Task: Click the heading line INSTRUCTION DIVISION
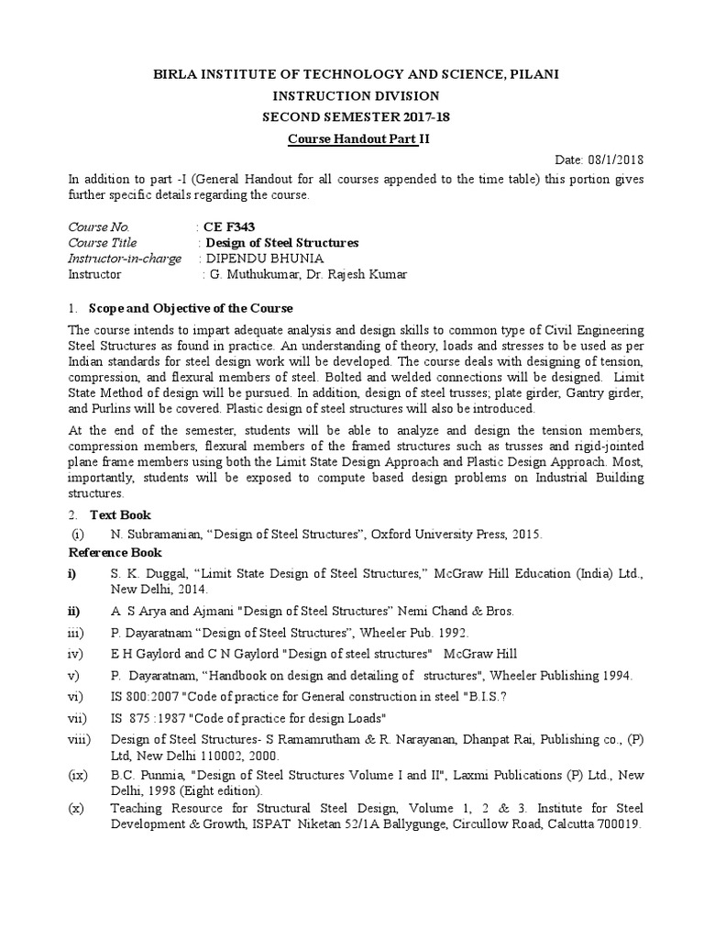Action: click(351, 95)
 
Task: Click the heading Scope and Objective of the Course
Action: click(191, 307)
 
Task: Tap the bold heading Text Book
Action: click(120, 514)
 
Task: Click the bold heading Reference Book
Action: click(115, 552)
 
